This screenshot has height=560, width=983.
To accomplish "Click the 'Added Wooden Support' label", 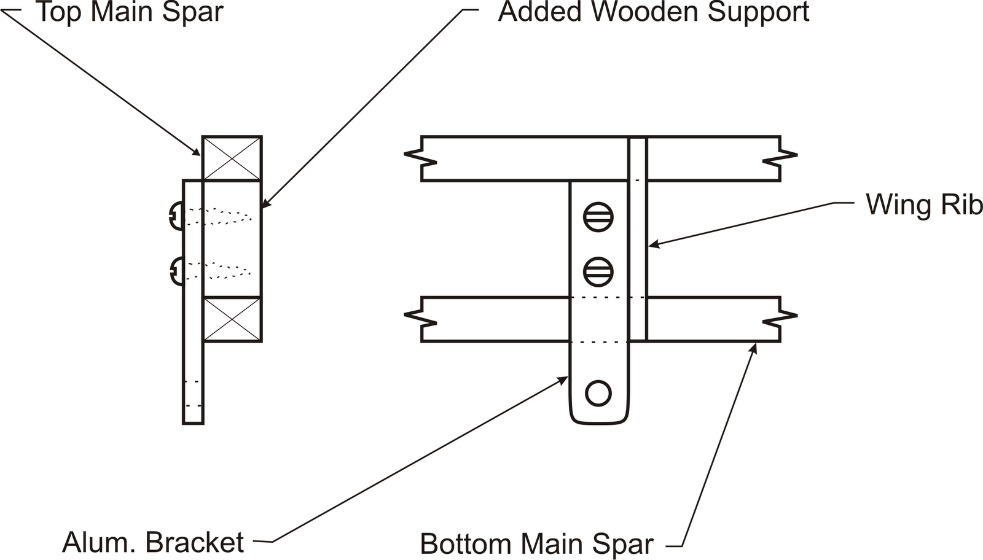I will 654,12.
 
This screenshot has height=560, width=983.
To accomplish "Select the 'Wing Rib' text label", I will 923,204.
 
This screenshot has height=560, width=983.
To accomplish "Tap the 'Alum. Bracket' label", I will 153,542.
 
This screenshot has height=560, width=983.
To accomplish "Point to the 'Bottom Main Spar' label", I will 536,544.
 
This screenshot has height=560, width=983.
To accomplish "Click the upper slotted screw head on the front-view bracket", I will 598,217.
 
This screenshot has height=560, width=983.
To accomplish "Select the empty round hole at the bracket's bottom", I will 598,393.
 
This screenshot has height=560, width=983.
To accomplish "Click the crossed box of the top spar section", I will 232,158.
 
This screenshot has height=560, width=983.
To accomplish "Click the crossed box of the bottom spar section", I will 232,319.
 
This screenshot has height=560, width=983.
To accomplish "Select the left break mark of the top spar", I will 420,158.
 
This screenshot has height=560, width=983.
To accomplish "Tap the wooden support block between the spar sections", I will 232,239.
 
